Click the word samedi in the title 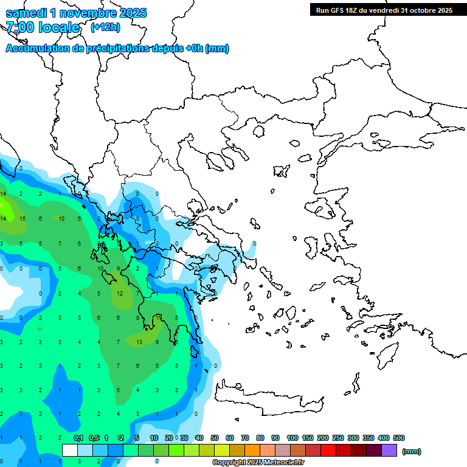29,13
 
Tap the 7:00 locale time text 43,27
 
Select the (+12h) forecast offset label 105,27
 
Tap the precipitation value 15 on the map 22,218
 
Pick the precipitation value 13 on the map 139,342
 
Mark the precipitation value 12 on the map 120,293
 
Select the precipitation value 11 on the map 158,317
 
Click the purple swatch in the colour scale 389,451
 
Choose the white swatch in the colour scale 70,451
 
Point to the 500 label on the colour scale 398,438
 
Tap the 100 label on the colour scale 292,438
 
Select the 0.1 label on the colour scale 78,438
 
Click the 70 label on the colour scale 246,438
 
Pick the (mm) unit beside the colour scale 412,451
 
